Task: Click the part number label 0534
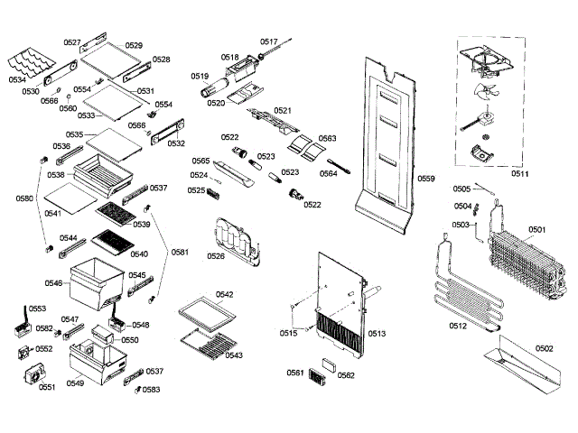coord(17,78)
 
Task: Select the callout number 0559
coord(426,179)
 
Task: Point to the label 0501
coord(536,229)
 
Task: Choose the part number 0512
coord(457,326)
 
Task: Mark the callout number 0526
coord(216,256)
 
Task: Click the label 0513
coord(377,334)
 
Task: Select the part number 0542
coord(225,295)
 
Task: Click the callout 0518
coord(230,56)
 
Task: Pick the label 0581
coord(181,252)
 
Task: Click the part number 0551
coord(47,387)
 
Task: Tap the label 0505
coord(461,189)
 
